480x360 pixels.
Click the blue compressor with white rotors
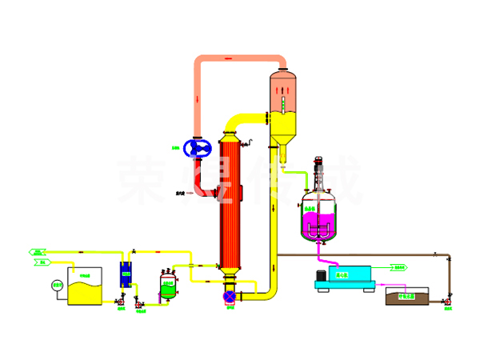pos(197,148)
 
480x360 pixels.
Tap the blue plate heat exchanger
pos(126,274)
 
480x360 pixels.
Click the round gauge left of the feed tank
pos(57,285)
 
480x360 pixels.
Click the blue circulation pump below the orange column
pos(231,297)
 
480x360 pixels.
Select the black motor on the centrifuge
pos(322,274)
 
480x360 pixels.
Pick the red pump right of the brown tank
pos(446,301)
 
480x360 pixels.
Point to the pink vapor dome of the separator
pos(282,87)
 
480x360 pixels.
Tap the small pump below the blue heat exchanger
pos(121,302)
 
